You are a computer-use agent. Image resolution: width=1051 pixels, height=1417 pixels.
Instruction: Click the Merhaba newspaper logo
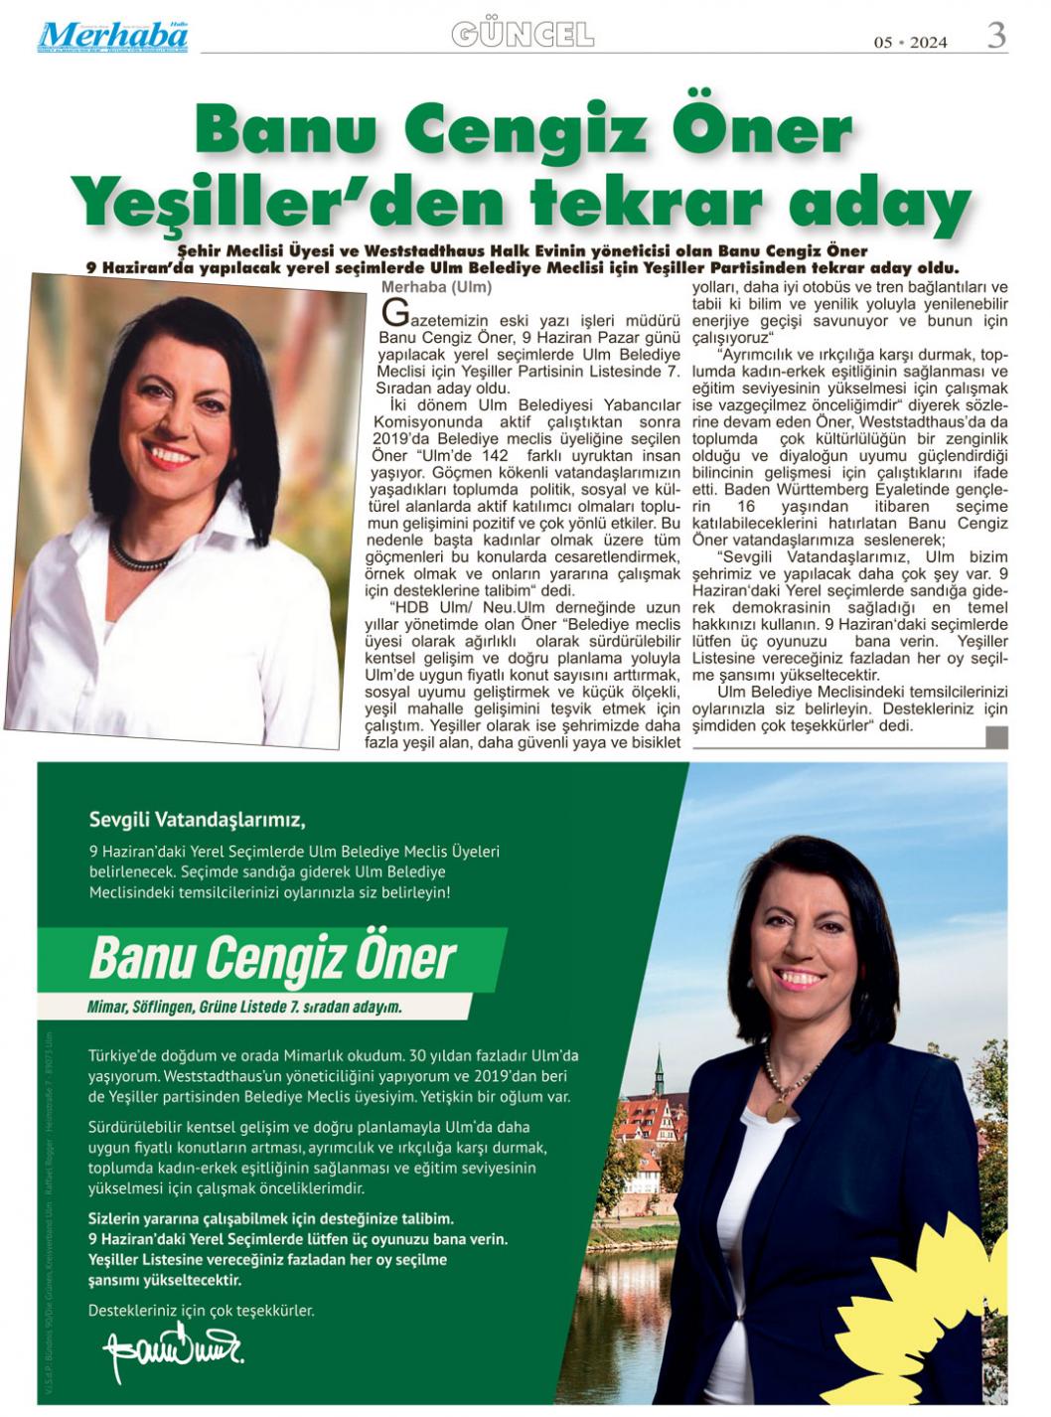(x=113, y=36)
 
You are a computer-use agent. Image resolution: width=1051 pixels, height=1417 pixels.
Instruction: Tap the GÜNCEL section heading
(x=523, y=36)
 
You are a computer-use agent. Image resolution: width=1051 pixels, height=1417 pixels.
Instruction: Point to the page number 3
(x=996, y=36)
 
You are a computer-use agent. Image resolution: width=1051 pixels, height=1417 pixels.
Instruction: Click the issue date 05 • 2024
(x=910, y=42)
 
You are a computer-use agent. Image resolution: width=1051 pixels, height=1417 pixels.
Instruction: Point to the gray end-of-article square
(x=996, y=736)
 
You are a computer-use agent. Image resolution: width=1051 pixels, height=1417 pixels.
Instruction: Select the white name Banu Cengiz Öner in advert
(x=272, y=957)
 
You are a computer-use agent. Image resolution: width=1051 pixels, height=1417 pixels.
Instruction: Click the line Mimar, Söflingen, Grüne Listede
(x=245, y=1007)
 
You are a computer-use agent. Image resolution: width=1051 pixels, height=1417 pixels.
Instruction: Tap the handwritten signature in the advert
(x=172, y=1349)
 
